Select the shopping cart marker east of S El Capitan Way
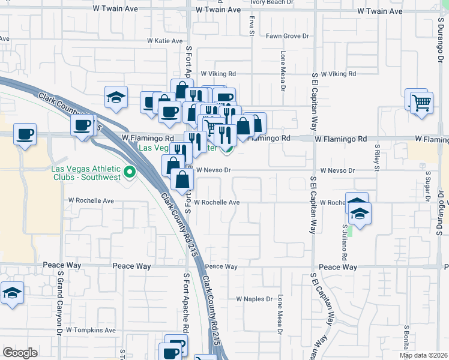pyautogui.click(x=421, y=102)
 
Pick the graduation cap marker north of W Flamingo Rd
pyautogui.click(x=116, y=98)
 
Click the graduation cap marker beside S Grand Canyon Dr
pyautogui.click(x=11, y=293)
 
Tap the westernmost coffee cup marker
pyautogui.click(x=25, y=134)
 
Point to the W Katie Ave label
pyautogui.click(x=164, y=41)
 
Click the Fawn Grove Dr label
pyautogui.click(x=287, y=37)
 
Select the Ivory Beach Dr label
pyautogui.click(x=276, y=2)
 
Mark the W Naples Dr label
pyautogui.click(x=255, y=299)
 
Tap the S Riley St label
pyautogui.click(x=378, y=156)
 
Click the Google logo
pyautogui.click(x=20, y=353)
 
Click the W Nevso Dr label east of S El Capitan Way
pyautogui.click(x=337, y=170)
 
